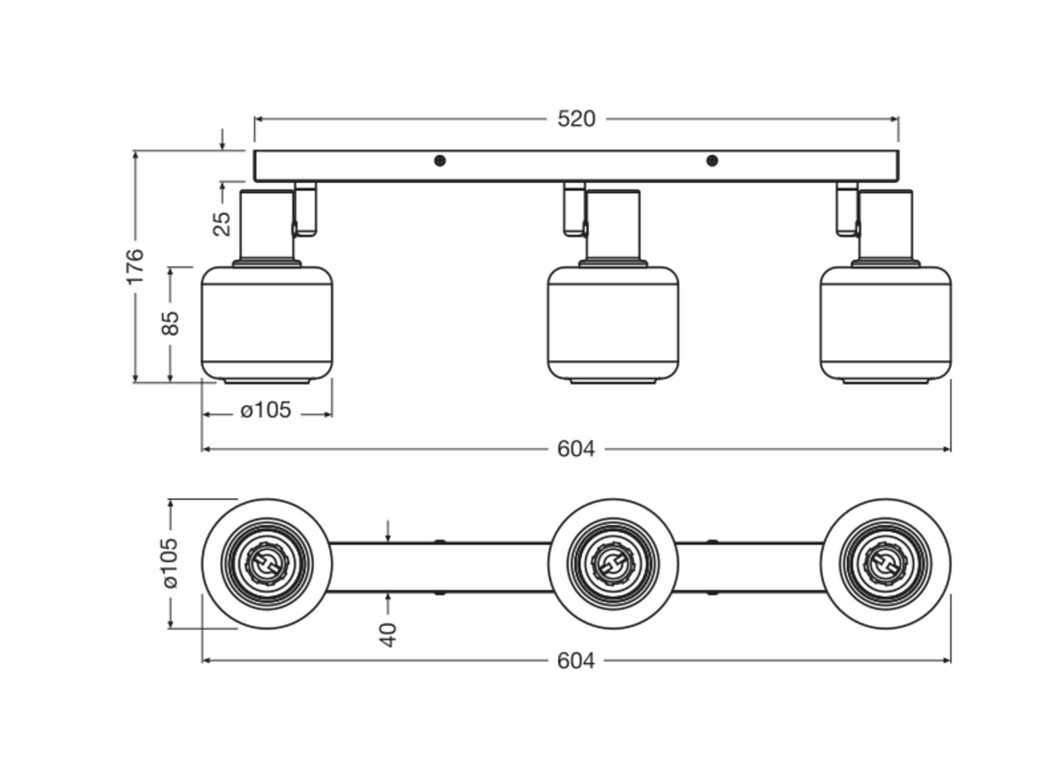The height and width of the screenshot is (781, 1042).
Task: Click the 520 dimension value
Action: (576, 119)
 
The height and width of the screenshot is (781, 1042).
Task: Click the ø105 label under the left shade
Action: (266, 410)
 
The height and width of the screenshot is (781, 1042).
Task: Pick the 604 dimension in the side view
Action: (576, 449)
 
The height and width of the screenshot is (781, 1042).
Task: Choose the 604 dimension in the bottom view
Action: (576, 661)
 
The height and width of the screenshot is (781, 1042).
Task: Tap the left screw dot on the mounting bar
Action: (439, 161)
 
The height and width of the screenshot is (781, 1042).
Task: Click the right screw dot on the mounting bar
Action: (712, 161)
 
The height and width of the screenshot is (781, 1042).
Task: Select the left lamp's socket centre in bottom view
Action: (267, 564)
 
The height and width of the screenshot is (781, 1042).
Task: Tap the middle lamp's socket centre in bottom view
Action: (613, 564)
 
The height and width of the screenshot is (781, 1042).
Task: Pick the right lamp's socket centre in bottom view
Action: (886, 564)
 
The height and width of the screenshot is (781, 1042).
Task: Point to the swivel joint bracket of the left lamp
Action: (306, 210)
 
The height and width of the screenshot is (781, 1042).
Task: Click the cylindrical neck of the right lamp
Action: (886, 225)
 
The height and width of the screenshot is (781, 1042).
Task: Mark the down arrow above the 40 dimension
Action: (388, 532)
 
